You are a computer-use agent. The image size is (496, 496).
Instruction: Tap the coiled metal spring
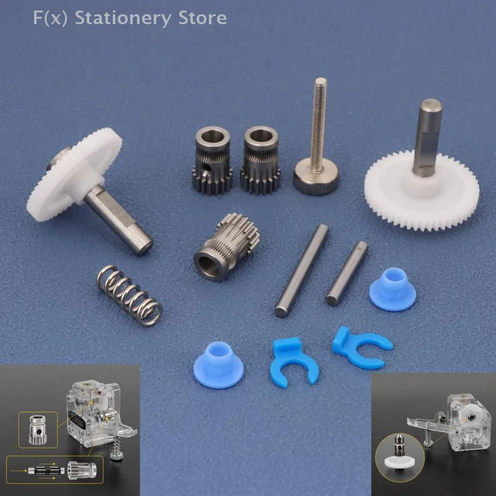pyautogui.click(x=130, y=295)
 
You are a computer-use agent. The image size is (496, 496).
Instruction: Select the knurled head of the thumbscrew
pyautogui.click(x=316, y=176)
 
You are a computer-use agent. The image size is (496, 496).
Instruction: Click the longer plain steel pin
pyautogui.click(x=302, y=270)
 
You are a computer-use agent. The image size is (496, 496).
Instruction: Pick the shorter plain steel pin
pyautogui.click(x=347, y=273)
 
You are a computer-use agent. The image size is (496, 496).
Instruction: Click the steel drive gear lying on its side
pyautogui.click(x=226, y=247)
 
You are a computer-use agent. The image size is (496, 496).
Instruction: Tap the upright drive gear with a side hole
pyautogui.click(x=212, y=160)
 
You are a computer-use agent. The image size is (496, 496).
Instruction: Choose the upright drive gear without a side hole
pyautogui.click(x=260, y=160)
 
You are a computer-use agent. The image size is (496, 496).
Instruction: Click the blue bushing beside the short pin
pyautogui.click(x=392, y=289)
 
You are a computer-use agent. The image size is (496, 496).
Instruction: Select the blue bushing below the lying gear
pyautogui.click(x=218, y=365)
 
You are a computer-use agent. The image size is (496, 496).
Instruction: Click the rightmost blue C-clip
pyautogui.click(x=361, y=348)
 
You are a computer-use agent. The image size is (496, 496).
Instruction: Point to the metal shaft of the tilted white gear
pyautogui.click(x=119, y=221)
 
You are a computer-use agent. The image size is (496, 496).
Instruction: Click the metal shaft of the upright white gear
pyautogui.click(x=428, y=138)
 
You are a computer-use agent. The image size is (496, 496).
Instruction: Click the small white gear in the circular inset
pyautogui.click(x=399, y=461)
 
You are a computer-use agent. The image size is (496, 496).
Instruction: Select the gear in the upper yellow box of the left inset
pyautogui.click(x=38, y=430)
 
